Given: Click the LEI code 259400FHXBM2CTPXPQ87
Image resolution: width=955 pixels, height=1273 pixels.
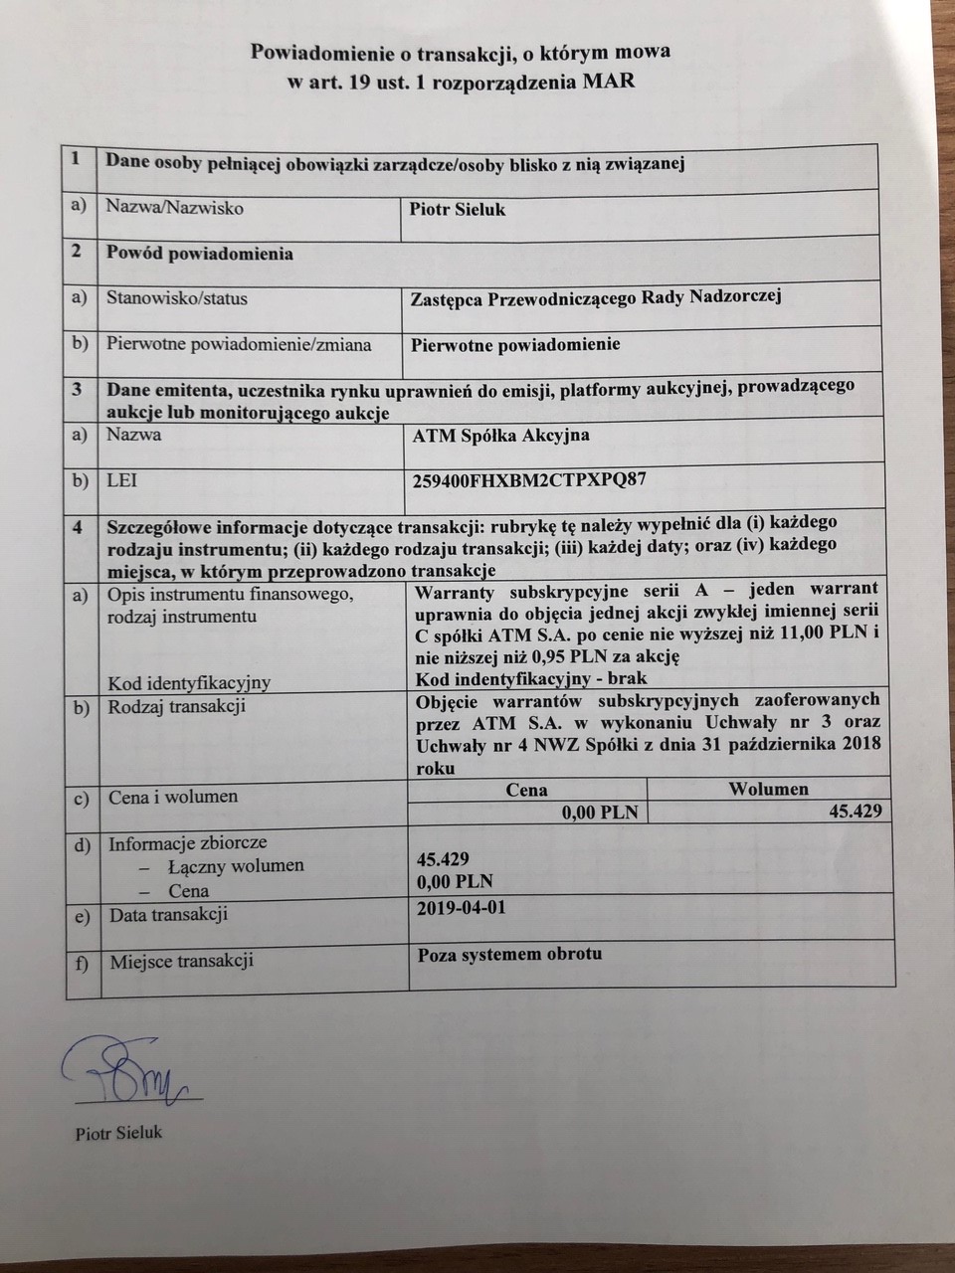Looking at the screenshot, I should tap(528, 479).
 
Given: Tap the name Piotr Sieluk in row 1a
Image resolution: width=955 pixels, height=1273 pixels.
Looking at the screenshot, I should tap(458, 209).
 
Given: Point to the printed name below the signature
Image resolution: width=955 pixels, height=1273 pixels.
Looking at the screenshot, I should tap(117, 1133).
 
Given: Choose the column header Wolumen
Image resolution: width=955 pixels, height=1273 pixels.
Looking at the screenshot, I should tap(768, 789).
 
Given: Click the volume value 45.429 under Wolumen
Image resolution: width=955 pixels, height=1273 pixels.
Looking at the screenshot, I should tap(855, 812).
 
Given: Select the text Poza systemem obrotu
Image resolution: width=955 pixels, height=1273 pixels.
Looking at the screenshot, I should tap(509, 954).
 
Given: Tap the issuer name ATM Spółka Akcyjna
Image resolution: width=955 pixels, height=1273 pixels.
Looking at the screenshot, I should tap(500, 435).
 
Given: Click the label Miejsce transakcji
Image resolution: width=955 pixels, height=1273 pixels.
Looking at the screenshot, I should tap(181, 961).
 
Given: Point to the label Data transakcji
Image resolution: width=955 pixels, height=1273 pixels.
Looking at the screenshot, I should tap(168, 914).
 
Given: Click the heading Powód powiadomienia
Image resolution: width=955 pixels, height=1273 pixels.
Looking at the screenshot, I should tap(200, 254).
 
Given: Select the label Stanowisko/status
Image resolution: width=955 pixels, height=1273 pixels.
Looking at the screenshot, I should tap(177, 298).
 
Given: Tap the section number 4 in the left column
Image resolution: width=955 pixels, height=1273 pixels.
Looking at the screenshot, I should tap(77, 526).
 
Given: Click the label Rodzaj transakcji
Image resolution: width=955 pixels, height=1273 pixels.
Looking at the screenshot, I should tap(177, 707).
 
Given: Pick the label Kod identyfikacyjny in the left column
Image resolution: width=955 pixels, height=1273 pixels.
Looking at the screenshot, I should tap(189, 682).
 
